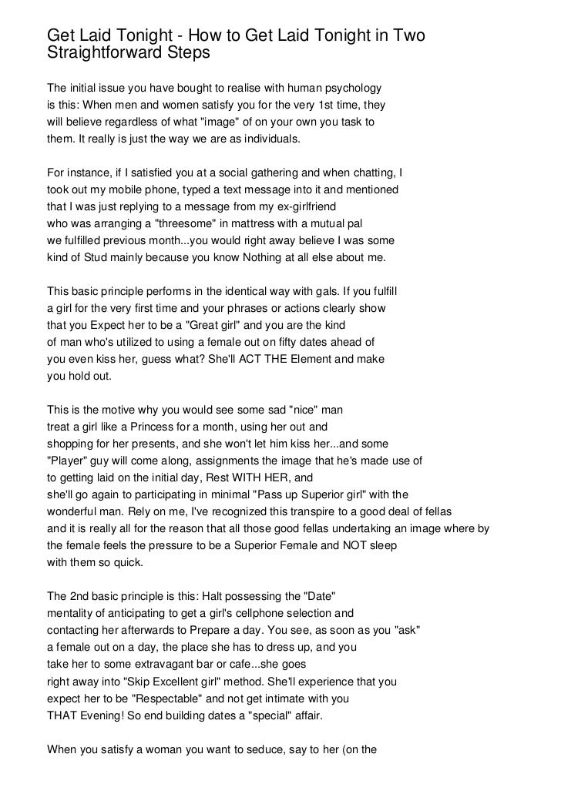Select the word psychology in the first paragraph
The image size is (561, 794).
tap(354, 87)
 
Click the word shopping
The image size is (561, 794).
tap(71, 444)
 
